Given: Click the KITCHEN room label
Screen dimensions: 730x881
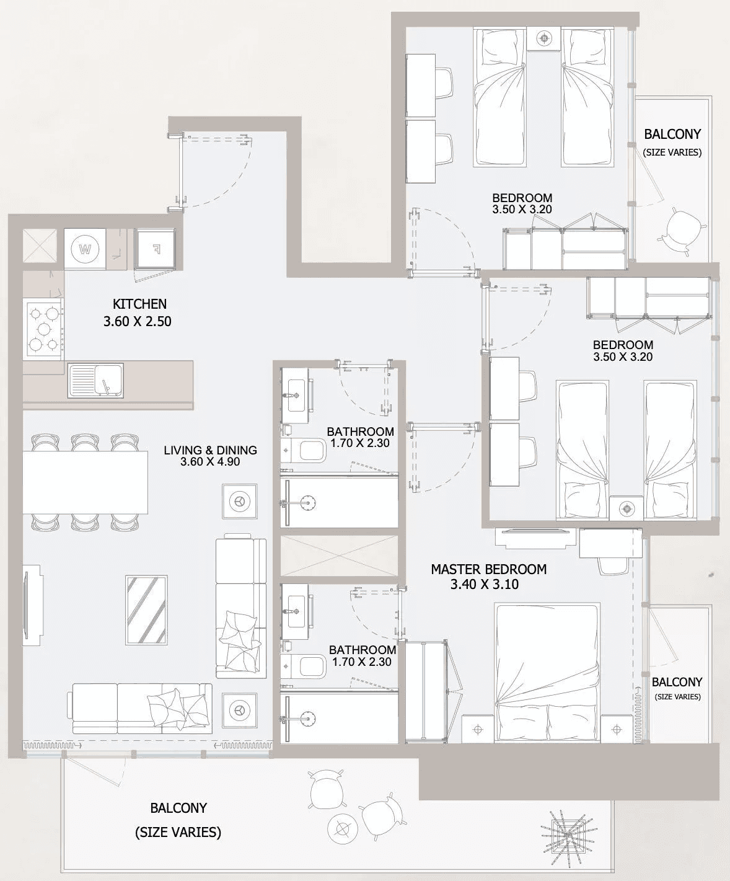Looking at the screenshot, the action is point(139,304).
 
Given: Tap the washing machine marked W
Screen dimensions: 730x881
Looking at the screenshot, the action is point(85,249).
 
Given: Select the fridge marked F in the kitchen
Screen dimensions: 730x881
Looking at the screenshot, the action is point(155,249).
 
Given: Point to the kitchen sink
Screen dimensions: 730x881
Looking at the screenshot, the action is point(96,380).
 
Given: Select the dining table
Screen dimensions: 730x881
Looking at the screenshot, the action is point(85,482).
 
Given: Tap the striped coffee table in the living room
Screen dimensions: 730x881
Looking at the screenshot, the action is point(146,609).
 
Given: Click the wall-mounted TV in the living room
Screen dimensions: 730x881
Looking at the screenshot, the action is point(32,605).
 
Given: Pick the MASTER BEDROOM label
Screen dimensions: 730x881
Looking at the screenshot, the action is point(489,569).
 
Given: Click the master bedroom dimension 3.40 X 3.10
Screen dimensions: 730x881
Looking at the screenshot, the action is point(485,585).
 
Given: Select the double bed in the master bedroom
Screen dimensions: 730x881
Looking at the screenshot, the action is point(548,673).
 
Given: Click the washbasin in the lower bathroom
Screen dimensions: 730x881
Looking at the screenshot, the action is point(295,611).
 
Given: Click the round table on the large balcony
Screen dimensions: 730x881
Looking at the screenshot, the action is point(342,830).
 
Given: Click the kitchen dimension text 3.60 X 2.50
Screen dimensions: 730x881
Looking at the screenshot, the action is point(138,322).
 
